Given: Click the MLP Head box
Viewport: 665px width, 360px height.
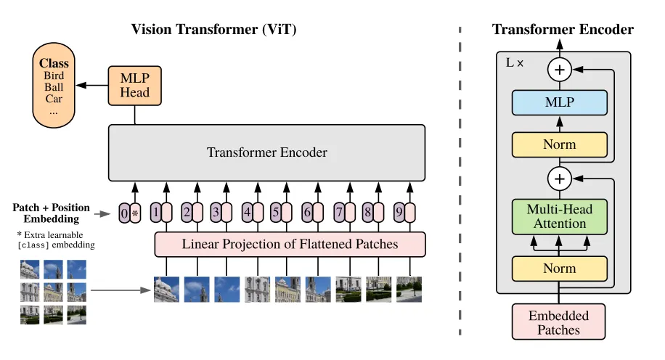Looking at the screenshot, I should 134,84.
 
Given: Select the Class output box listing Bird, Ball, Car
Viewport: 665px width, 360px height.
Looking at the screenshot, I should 54,84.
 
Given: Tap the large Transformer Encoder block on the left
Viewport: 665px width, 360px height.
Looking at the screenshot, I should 266,152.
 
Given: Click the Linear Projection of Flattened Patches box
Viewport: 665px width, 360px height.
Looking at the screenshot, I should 290,245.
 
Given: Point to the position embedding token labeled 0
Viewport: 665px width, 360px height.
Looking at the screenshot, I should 124,213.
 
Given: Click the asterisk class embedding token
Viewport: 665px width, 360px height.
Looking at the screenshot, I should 135,213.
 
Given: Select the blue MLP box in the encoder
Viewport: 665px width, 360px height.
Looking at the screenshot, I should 559,103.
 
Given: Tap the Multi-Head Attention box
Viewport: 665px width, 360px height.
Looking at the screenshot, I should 559,216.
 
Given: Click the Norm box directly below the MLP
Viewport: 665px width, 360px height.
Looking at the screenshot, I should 559,144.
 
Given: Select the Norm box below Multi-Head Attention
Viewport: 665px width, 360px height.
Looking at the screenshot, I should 559,269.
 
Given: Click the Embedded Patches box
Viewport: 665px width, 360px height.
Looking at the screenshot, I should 559,322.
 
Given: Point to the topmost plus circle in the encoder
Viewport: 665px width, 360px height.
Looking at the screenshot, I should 559,70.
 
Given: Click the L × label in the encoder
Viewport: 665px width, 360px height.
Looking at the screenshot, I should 514,63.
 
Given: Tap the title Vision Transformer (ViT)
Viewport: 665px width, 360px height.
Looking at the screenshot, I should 213,30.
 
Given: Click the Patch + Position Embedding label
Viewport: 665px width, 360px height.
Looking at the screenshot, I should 46,213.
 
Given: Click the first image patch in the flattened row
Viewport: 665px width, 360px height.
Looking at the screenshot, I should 166,289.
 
